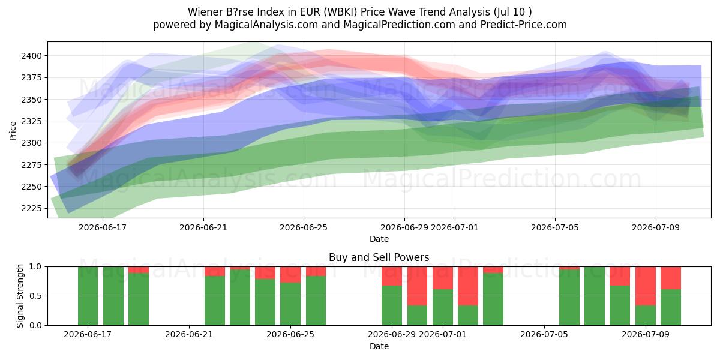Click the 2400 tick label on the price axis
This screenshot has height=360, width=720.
(x=31, y=56)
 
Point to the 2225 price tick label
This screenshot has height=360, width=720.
(x=31, y=208)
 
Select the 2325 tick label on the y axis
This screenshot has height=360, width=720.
(x=31, y=121)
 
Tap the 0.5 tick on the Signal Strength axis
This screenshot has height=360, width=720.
(x=35, y=296)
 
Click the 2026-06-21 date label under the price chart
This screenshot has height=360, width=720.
(x=203, y=227)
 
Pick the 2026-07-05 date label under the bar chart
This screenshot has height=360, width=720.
(x=544, y=334)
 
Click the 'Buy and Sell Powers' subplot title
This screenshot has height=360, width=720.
(x=379, y=257)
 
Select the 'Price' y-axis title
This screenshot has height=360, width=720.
(x=13, y=131)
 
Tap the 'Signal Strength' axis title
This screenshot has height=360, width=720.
(x=20, y=296)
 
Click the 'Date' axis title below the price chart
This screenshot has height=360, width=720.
(x=379, y=239)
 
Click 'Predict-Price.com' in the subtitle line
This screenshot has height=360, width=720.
(x=524, y=25)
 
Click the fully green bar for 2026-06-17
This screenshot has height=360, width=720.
(x=88, y=296)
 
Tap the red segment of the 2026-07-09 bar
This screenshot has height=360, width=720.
(x=646, y=286)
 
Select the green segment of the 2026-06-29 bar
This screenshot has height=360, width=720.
(x=392, y=305)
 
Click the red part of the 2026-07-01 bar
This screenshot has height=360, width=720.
(x=443, y=278)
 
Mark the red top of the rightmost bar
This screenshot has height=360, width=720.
(x=671, y=278)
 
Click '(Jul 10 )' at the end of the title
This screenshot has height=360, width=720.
(x=512, y=12)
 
